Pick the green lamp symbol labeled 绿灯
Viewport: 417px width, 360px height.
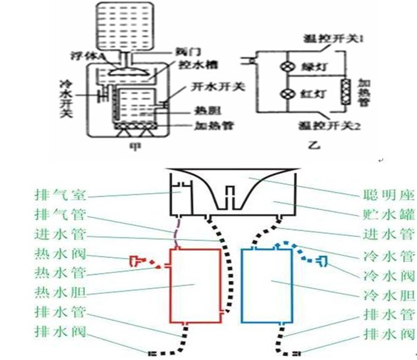(288, 67)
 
